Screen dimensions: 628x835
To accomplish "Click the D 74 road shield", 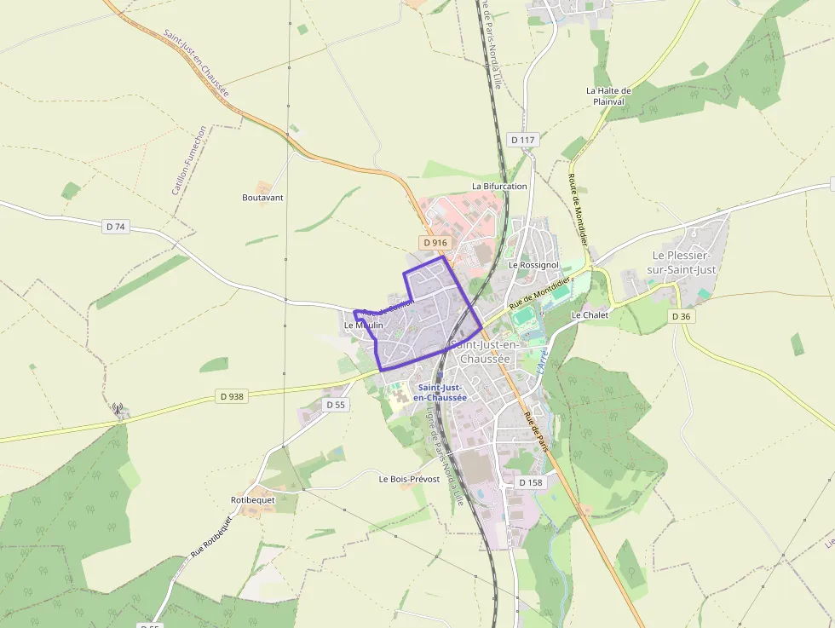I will (x=116, y=227).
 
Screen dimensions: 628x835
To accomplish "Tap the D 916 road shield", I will (x=435, y=243).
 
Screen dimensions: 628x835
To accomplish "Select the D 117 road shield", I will (x=522, y=140).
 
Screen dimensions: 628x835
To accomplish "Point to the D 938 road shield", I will (x=231, y=396).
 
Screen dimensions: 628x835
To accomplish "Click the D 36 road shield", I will (x=680, y=316).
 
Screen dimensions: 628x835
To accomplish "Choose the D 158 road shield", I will (x=530, y=482).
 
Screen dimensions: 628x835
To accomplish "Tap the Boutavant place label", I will (x=262, y=198).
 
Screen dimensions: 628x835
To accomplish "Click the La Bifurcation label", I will (x=499, y=186).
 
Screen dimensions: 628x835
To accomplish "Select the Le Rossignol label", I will (x=533, y=265).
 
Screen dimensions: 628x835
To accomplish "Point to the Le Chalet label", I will (x=590, y=315).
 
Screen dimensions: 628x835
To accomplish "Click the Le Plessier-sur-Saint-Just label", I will (x=684, y=262).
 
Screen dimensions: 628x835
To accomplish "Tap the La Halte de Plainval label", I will (x=608, y=95).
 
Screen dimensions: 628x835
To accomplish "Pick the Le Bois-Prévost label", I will (x=409, y=480).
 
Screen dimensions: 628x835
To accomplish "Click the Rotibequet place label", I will (x=253, y=499).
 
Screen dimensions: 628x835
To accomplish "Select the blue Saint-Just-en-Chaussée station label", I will (x=440, y=392).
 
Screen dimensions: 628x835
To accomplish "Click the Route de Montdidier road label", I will (x=579, y=210).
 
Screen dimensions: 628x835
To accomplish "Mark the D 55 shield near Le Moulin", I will (x=336, y=405).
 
